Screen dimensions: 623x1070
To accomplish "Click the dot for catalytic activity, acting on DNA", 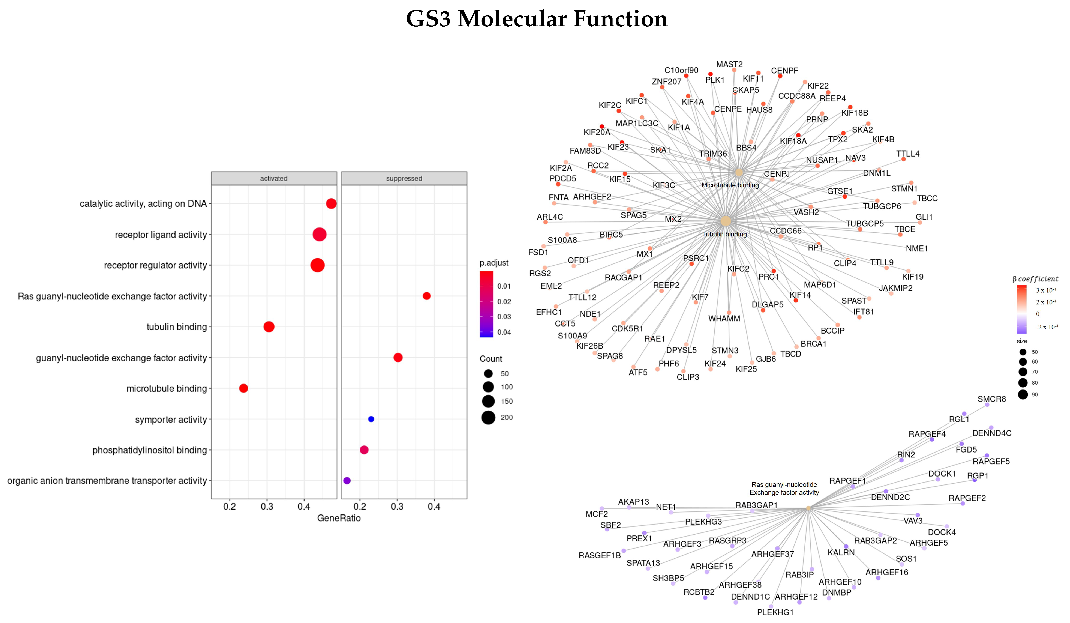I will (331, 204).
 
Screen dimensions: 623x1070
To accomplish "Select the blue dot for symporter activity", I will (371, 419).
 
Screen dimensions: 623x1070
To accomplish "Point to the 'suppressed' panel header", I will (404, 178).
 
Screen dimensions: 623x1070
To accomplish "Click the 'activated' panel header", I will (274, 178).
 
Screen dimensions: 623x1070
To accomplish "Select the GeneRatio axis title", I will (338, 518).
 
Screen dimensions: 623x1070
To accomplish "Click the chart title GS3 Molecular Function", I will (536, 19).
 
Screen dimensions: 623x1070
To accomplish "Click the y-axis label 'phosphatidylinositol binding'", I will (149, 450).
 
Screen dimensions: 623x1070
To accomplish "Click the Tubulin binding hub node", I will (725, 221).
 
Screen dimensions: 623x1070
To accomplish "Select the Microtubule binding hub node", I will (739, 172).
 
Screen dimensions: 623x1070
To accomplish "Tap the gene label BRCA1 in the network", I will (813, 344).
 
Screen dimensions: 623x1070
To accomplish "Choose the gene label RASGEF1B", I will (599, 556).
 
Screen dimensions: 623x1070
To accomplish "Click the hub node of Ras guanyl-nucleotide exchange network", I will (808, 508).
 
